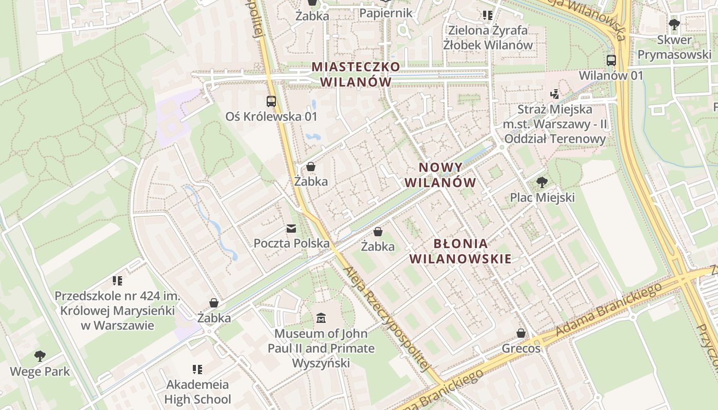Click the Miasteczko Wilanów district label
(355, 74)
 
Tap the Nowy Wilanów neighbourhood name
(441, 175)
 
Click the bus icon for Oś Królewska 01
(271, 101)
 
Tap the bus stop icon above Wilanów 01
(611, 60)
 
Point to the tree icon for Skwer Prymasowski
(674, 24)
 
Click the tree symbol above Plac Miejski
(542, 182)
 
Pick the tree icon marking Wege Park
(39, 356)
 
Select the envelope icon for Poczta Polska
(291, 228)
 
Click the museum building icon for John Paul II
(321, 318)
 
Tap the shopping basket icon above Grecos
(521, 333)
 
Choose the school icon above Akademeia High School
(197, 369)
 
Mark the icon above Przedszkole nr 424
(117, 280)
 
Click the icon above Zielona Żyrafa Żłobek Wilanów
(487, 15)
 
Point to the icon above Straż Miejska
(554, 94)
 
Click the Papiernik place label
(386, 13)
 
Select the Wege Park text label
(40, 371)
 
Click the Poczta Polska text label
(291, 243)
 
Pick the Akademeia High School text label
(197, 392)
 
